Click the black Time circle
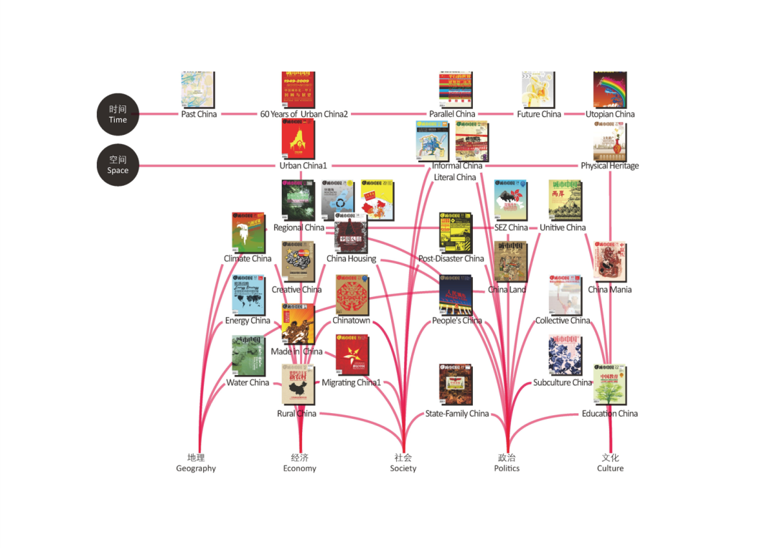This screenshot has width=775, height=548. [118, 114]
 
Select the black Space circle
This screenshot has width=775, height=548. [118, 165]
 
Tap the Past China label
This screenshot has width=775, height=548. [199, 114]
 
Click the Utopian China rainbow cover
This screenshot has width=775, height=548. [610, 90]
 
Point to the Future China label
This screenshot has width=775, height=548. [539, 114]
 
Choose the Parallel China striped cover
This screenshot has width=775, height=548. [456, 90]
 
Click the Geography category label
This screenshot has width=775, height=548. [196, 463]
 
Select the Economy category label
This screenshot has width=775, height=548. [299, 463]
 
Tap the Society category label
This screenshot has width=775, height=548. [403, 463]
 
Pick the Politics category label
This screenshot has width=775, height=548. [507, 463]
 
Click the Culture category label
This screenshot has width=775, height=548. [610, 463]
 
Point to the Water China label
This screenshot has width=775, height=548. [248, 382]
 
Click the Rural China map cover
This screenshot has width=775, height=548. [298, 385]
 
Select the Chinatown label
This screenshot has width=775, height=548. [351, 321]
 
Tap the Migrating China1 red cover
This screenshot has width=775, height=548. [352, 355]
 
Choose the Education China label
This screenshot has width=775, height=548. [609, 414]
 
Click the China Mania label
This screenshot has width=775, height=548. [609, 290]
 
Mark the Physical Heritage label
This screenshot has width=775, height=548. [609, 166]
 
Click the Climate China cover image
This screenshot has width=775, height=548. [248, 231]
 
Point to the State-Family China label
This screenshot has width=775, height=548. [456, 414]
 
